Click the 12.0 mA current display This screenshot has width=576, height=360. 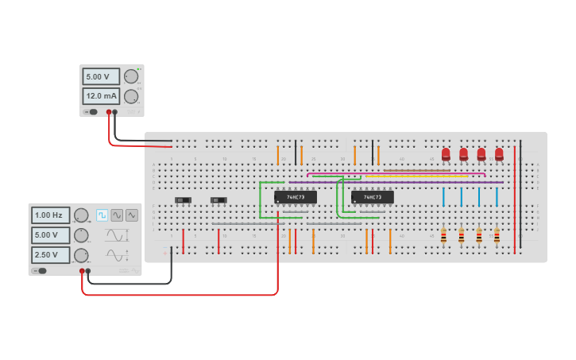pos(100,96)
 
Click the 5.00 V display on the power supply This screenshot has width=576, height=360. pos(100,76)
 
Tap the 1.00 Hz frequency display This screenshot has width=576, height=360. pos(50,215)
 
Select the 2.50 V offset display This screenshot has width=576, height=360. pos(50,255)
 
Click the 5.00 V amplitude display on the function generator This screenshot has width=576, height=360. pos(50,235)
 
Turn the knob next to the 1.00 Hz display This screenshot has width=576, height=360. pos(81,215)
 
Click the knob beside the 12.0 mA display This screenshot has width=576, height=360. pos(130,96)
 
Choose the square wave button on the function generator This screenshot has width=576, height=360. pos(102,215)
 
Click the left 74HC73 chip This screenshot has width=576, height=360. pos(295,197)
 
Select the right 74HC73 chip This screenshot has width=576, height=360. pos(372,197)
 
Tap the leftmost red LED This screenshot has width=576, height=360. pos(446,154)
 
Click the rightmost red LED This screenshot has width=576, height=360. pos(499,154)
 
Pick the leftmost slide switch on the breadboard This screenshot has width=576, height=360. pos(184,199)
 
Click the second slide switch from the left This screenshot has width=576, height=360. pos(218,199)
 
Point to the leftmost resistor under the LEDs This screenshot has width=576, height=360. pos(443,235)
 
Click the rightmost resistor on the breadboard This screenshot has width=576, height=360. pos(497,235)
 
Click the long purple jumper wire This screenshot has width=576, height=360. pos(397,182)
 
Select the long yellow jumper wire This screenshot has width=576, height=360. pos(405,176)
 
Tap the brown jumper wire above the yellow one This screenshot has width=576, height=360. pos(416,169)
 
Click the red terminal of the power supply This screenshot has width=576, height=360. pos(109,112)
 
